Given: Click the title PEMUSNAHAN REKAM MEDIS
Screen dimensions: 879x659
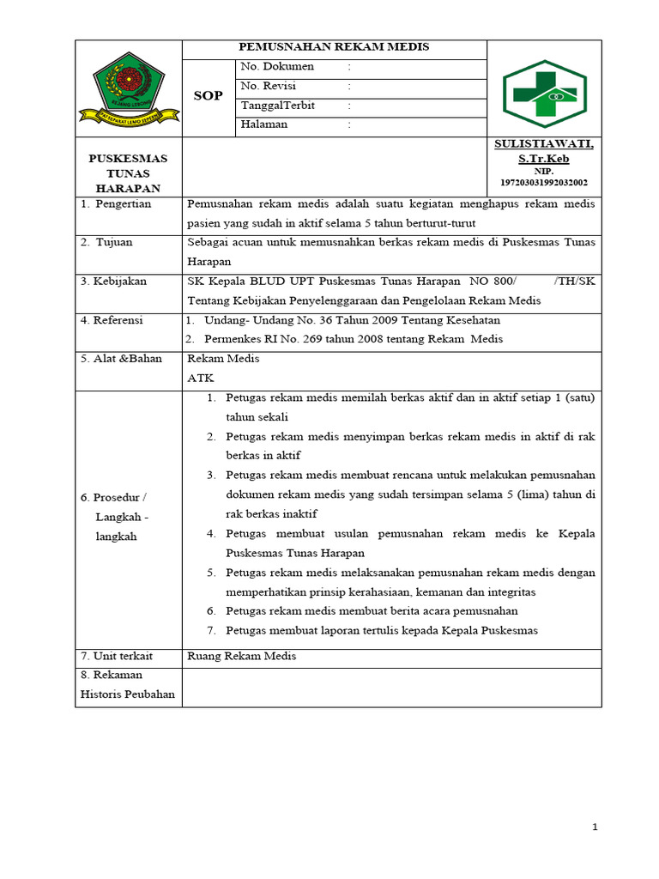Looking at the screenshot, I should (334, 47).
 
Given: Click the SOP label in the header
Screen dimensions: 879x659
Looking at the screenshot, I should (208, 96).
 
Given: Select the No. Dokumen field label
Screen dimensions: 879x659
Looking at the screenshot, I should (277, 67).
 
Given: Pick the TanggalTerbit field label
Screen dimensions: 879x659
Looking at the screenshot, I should (278, 106).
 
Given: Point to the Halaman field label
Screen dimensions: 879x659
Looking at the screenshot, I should (264, 124).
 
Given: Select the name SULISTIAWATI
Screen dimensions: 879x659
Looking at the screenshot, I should (543, 144).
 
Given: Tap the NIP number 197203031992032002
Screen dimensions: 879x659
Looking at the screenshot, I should (544, 183).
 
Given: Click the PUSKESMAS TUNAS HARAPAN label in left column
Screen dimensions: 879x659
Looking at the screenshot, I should (129, 173).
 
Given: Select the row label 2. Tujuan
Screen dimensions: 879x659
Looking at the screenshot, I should (107, 242).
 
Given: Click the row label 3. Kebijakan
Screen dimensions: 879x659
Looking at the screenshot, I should (114, 282).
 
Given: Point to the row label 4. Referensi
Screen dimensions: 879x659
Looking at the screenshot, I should (112, 320).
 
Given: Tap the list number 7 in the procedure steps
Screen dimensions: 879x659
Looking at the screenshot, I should (211, 631).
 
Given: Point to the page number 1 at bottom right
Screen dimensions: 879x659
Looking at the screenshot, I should (595, 827).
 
